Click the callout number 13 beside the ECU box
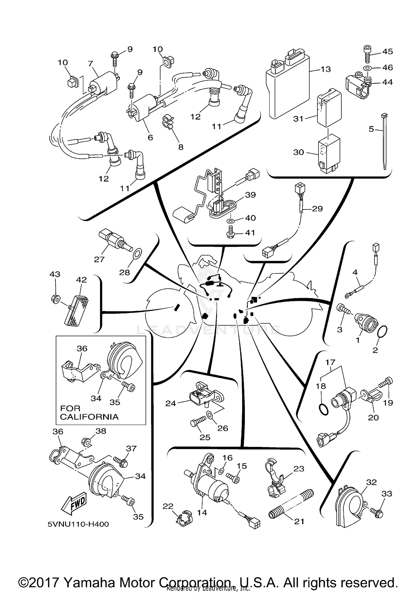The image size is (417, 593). click(x=326, y=69)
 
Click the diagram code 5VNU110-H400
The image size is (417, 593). click(x=78, y=524)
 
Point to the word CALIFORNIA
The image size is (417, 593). click(x=89, y=417)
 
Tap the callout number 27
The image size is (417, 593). click(x=99, y=259)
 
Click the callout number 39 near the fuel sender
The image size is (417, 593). click(x=250, y=195)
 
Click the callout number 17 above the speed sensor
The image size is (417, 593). click(x=331, y=362)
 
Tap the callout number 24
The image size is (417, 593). click(x=171, y=403)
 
